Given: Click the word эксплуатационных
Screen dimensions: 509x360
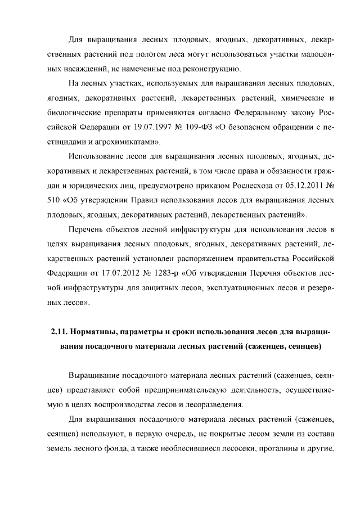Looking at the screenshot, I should point(220,287).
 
